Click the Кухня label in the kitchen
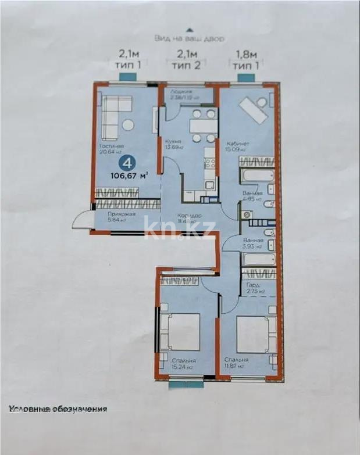tap(173, 141)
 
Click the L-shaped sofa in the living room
tap(115, 110)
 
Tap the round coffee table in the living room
tap(128, 125)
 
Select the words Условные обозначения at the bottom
tap(58, 409)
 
